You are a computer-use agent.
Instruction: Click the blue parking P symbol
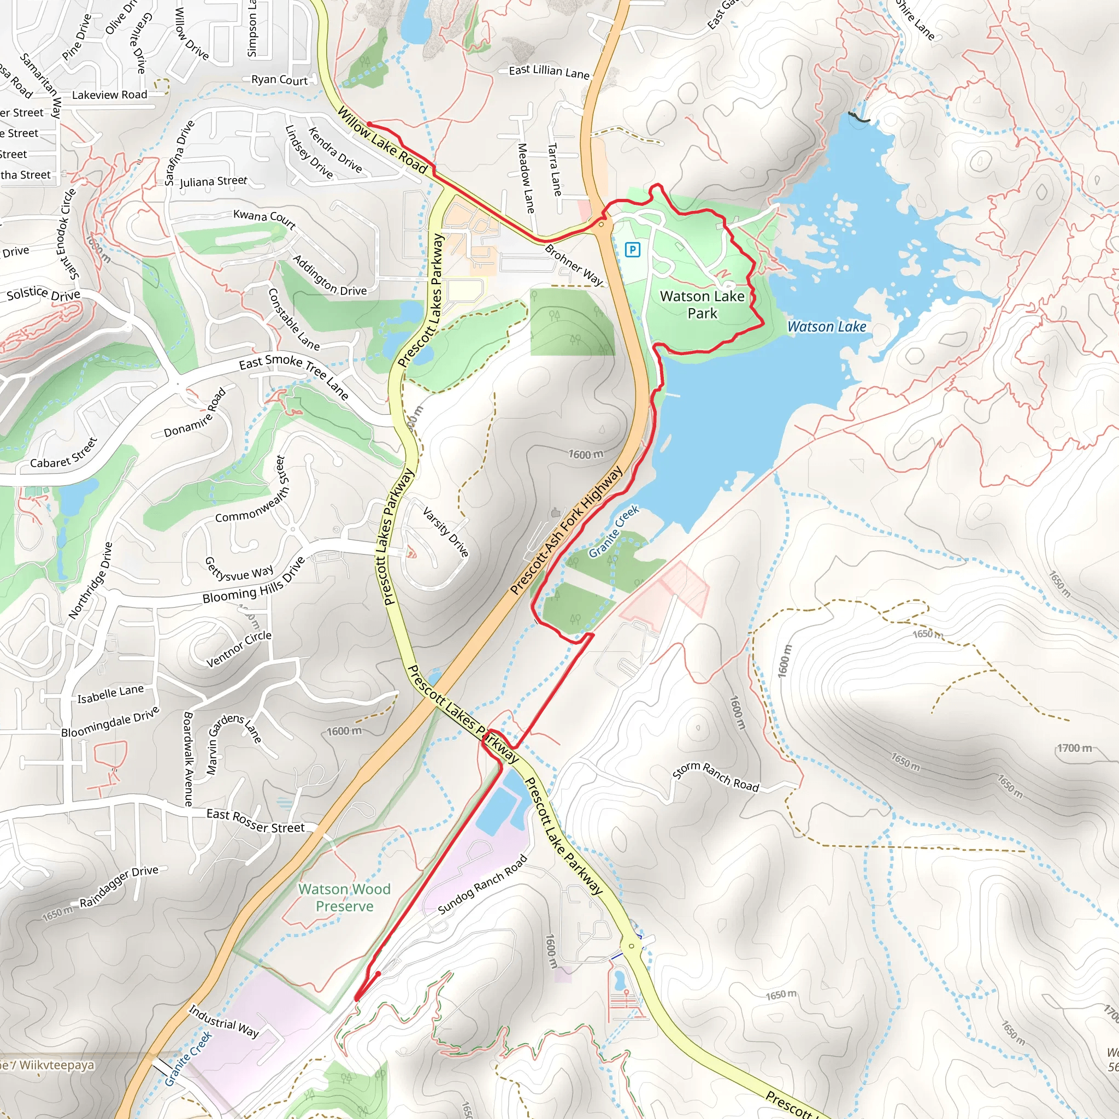pyautogui.click(x=633, y=250)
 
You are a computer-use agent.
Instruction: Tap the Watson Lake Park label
pyautogui.click(x=702, y=305)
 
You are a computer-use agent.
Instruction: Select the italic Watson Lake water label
pyautogui.click(x=827, y=327)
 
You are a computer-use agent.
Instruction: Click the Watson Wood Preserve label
pyautogui.click(x=344, y=897)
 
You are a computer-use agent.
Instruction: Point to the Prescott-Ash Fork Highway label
pyautogui.click(x=566, y=531)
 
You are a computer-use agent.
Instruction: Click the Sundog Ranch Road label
pyautogui.click(x=482, y=885)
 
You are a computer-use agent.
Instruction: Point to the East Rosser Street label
pyautogui.click(x=255, y=821)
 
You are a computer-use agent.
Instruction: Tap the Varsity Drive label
pyautogui.click(x=445, y=532)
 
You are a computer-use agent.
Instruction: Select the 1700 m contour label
pyautogui.click(x=1074, y=749)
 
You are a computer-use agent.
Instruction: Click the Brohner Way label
pyautogui.click(x=573, y=265)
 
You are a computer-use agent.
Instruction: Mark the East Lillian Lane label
pyautogui.click(x=549, y=71)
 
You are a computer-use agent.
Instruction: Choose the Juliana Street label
pyautogui.click(x=213, y=181)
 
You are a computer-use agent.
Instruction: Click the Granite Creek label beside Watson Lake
pyautogui.click(x=614, y=531)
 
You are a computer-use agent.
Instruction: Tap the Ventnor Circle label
pyautogui.click(x=239, y=648)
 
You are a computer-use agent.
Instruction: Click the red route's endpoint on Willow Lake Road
pyautogui.click(x=369, y=124)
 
